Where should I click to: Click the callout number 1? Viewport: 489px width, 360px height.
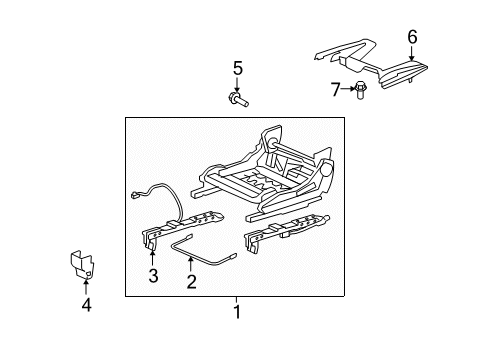point(237,312)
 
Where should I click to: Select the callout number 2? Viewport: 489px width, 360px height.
point(191,282)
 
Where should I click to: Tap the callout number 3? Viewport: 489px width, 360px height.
point(153,276)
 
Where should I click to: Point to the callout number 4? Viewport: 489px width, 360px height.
point(86,305)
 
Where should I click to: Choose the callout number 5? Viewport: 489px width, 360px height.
point(237,68)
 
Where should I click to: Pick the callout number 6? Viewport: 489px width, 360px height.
point(412,37)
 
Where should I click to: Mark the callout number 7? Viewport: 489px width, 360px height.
point(335,89)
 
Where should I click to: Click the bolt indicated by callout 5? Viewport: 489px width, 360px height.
point(239,100)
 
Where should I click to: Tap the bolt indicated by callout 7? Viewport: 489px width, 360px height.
point(360,90)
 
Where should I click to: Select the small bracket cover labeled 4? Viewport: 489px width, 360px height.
point(82,264)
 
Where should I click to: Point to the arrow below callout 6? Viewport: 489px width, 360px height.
point(412,53)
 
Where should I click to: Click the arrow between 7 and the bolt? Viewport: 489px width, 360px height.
point(348,89)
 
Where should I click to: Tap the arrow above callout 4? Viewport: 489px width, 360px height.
point(86,287)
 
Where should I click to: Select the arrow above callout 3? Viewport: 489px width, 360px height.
point(152,259)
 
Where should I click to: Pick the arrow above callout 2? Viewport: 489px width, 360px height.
point(191,265)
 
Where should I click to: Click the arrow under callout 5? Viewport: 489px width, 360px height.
point(237,85)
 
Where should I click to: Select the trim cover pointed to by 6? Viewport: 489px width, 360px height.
point(373,65)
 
